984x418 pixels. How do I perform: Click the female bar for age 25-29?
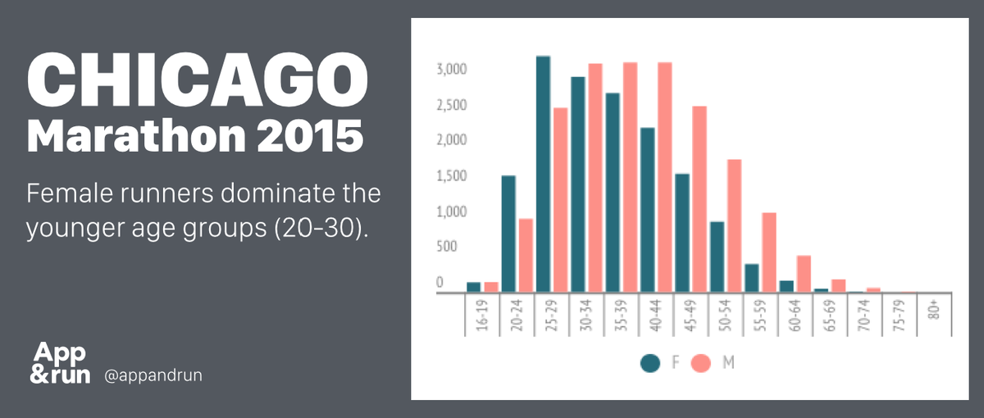pyautogui.click(x=543, y=174)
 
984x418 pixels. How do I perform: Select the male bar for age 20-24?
pyautogui.click(x=526, y=255)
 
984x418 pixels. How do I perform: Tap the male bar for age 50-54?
pyautogui.click(x=734, y=225)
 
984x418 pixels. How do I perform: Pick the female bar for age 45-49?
pyautogui.click(x=682, y=233)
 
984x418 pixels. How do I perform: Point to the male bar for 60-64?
pyautogui.click(x=804, y=274)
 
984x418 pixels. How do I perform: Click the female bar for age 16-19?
pyautogui.click(x=474, y=287)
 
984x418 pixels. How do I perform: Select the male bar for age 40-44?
pyautogui.click(x=665, y=177)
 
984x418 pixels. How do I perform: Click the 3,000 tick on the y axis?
pyautogui.click(x=452, y=70)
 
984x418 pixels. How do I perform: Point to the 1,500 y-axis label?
pyautogui.click(x=452, y=176)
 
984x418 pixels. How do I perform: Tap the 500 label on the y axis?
pyautogui.click(x=447, y=247)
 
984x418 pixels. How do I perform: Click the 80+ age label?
pyautogui.click(x=934, y=310)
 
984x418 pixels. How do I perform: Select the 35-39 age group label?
pyautogui.click(x=622, y=316)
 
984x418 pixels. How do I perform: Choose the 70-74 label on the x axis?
pyautogui.click(x=864, y=316)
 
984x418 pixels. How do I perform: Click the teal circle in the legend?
pyautogui.click(x=650, y=363)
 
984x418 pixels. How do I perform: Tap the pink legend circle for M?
pyautogui.click(x=700, y=363)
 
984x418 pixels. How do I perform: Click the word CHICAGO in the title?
pyautogui.click(x=198, y=80)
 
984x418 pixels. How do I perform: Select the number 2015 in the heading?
pyautogui.click(x=310, y=136)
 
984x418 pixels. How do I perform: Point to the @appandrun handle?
pyautogui.click(x=153, y=376)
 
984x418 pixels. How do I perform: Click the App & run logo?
pyautogui.click(x=60, y=362)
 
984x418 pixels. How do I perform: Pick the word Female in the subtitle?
pyautogui.click(x=71, y=193)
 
